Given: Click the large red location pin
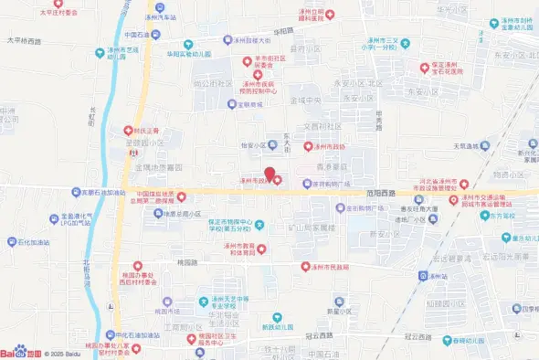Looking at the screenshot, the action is click(x=269, y=174).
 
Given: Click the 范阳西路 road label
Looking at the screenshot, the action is click(x=380, y=194).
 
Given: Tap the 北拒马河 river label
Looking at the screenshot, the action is click(x=86, y=272).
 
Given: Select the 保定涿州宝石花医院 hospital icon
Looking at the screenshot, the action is click(x=424, y=66).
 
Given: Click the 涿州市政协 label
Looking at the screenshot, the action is click(x=329, y=146).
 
